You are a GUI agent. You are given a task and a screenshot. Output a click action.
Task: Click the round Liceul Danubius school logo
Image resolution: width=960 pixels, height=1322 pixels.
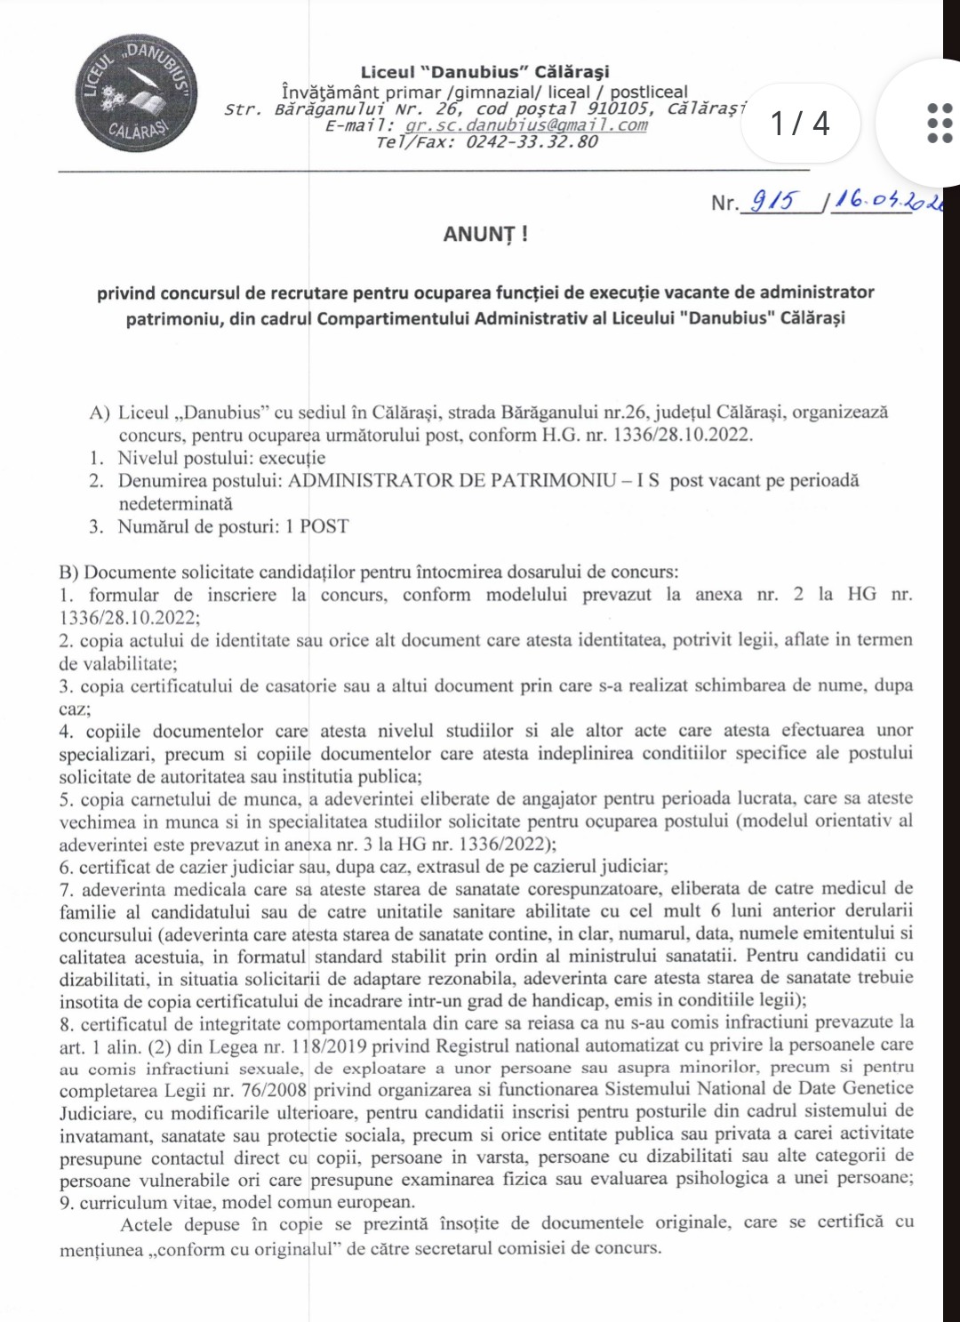(135, 94)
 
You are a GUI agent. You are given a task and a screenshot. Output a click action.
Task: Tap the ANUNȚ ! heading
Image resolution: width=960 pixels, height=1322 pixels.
(485, 235)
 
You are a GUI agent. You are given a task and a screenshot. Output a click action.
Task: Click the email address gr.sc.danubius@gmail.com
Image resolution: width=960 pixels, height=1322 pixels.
(526, 125)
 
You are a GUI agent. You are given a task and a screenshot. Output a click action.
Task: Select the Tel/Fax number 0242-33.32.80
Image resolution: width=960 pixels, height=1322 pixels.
(532, 142)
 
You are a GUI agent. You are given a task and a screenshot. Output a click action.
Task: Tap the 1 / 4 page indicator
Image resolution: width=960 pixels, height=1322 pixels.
(800, 123)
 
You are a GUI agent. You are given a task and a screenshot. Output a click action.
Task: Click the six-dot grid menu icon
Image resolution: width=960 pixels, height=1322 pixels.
(939, 123)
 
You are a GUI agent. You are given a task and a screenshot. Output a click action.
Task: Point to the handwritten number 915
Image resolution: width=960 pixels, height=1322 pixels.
(775, 202)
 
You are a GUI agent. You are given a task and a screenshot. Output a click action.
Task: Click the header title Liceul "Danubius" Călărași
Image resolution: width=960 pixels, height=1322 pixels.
(484, 72)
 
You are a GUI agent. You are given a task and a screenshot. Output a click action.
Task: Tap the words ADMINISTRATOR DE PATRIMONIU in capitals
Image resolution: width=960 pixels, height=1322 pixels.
(452, 481)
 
